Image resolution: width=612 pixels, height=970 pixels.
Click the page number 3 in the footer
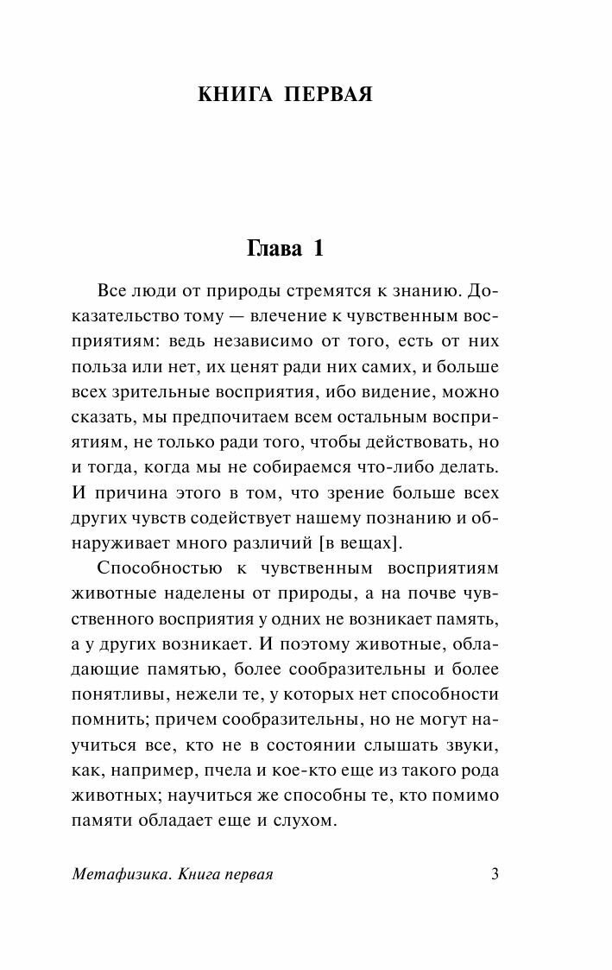coord(495,874)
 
